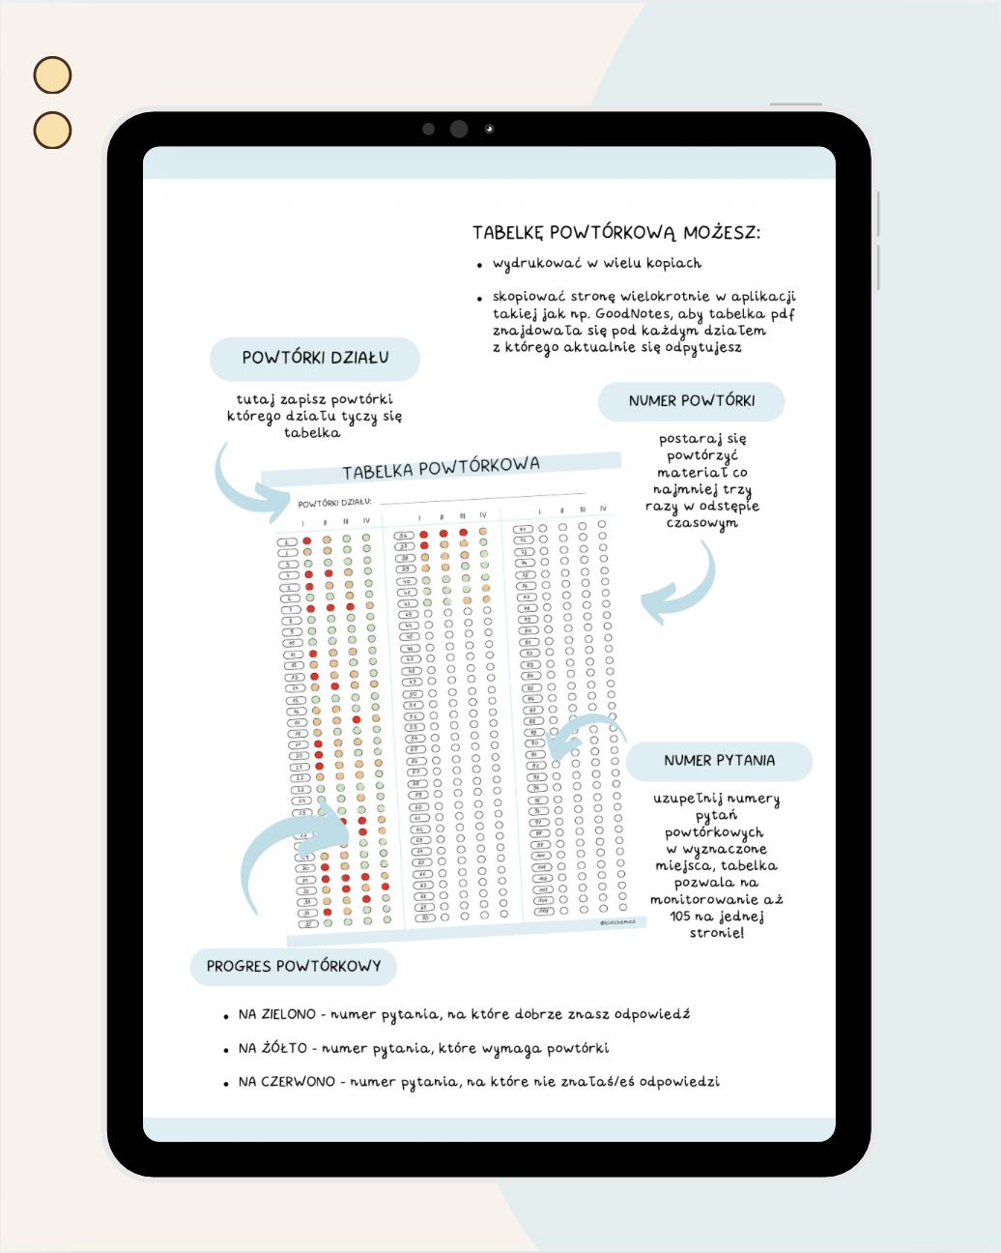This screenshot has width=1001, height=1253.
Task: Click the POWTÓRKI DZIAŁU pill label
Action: pyautogui.click(x=315, y=359)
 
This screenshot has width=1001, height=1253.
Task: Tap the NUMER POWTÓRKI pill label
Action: pyautogui.click(x=692, y=401)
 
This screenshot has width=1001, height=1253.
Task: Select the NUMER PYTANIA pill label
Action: pyautogui.click(x=719, y=761)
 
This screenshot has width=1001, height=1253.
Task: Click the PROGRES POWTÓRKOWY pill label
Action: pyautogui.click(x=294, y=966)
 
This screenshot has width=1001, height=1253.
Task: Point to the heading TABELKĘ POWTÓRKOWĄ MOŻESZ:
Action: pyautogui.click(x=616, y=233)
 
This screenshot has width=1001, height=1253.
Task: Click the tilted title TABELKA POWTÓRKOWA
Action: pyautogui.click(x=441, y=468)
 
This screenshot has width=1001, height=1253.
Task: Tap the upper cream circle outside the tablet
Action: pyautogui.click(x=53, y=75)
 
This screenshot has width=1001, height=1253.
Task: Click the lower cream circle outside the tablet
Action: pyautogui.click(x=53, y=131)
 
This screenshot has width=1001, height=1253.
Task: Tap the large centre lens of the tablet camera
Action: pyautogui.click(x=459, y=129)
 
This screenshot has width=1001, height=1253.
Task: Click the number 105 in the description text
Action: pyautogui.click(x=680, y=917)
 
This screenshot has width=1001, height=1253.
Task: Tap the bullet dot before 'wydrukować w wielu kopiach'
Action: pyautogui.click(x=479, y=265)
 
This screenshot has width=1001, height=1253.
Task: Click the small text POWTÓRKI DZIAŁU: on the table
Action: pyautogui.click(x=334, y=503)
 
